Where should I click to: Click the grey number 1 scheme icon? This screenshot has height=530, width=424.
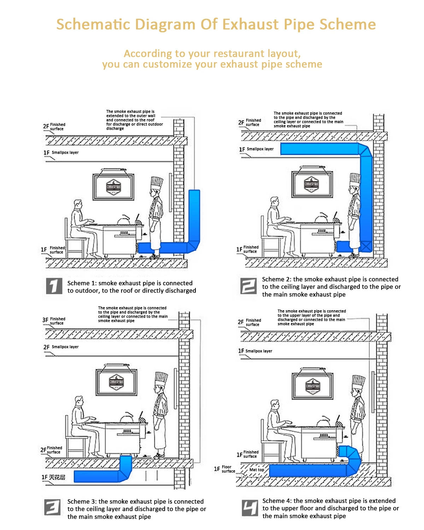click(x=54, y=286)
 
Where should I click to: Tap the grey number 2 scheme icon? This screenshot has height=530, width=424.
click(x=248, y=286)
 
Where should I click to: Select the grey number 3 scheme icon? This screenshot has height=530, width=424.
click(x=52, y=507)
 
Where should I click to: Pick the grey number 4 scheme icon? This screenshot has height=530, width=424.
click(x=250, y=508)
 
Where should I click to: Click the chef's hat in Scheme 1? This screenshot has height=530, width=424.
click(x=157, y=183)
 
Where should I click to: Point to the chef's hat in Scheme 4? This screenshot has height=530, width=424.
click(x=359, y=382)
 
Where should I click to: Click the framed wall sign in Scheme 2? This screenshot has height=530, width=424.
click(x=312, y=184)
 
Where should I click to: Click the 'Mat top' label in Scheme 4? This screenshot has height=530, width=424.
click(x=257, y=470)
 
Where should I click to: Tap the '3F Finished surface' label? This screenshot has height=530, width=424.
click(x=54, y=321)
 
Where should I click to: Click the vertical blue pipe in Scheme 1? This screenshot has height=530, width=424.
click(x=194, y=216)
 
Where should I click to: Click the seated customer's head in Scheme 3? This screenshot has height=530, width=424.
click(x=79, y=401)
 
